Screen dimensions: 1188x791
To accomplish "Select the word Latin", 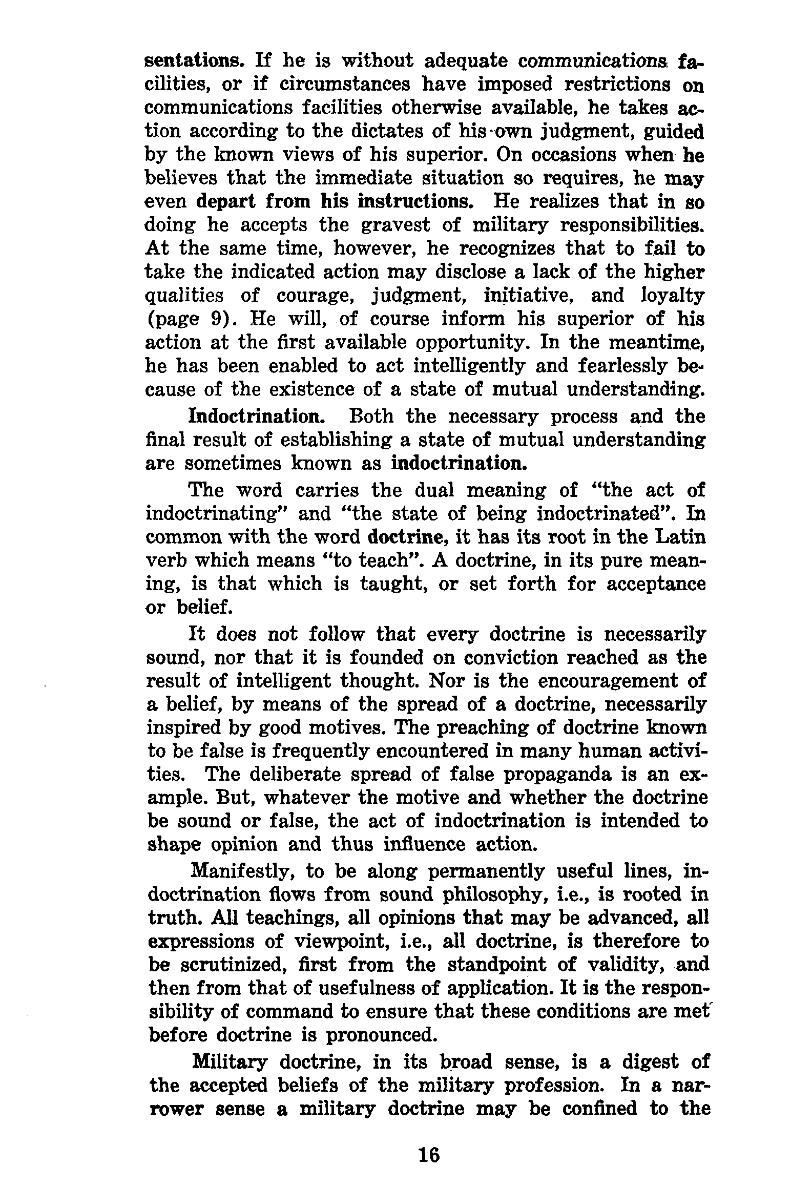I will [x=680, y=537].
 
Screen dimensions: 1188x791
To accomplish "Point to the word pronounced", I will [x=380, y=1035].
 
